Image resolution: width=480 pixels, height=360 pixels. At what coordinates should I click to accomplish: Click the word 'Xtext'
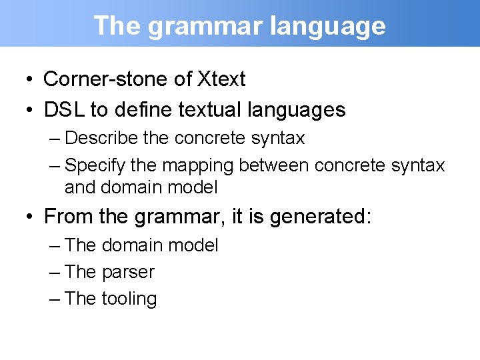(x=221, y=79)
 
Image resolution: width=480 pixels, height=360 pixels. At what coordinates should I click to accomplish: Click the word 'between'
(x=274, y=165)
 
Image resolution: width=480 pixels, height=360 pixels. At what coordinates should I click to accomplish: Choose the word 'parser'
(x=128, y=272)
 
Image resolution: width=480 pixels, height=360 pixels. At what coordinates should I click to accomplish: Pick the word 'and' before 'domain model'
(x=80, y=187)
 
